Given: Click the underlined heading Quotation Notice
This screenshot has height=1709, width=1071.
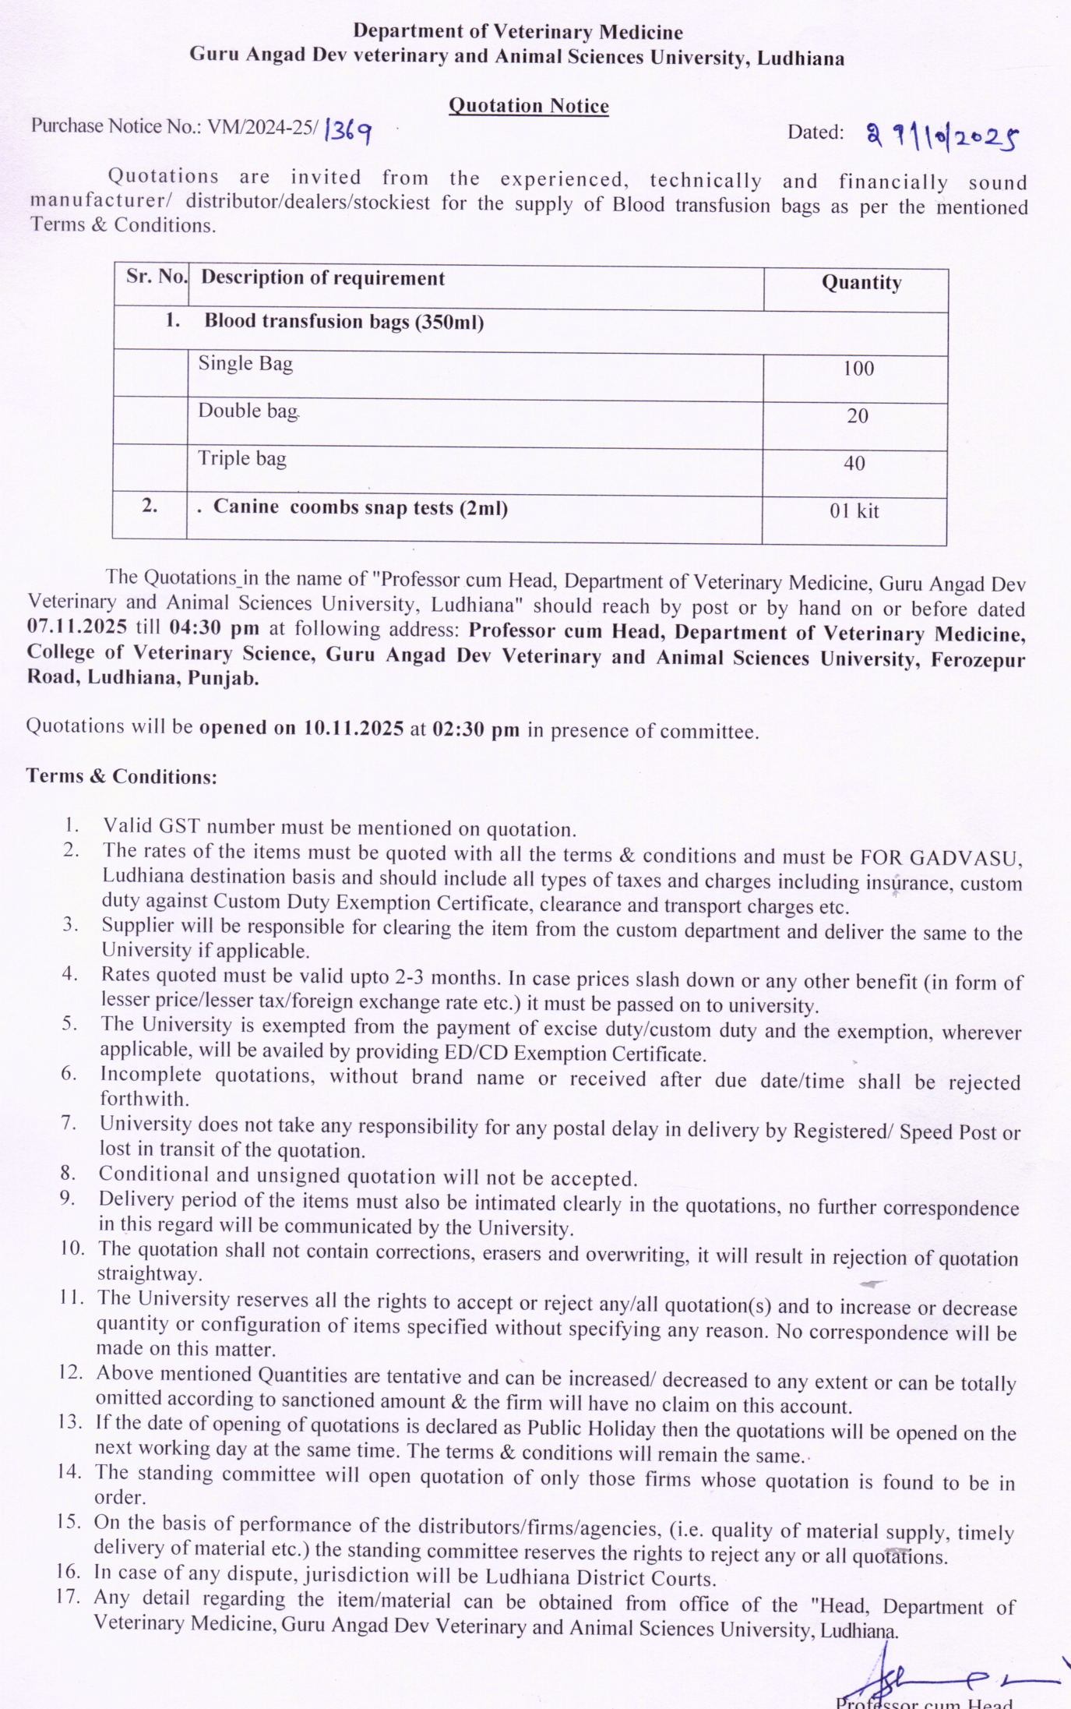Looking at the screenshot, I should [528, 106].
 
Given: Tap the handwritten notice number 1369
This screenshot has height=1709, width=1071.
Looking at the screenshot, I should [347, 131].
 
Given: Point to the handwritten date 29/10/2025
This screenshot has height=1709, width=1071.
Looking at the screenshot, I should [942, 137].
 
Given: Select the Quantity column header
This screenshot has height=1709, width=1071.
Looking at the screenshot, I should [861, 283].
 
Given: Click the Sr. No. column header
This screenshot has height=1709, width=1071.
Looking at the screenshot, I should [156, 277].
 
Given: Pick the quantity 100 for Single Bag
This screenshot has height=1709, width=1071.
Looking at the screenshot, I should [858, 369].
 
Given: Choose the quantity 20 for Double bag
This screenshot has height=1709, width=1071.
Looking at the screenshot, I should [857, 416].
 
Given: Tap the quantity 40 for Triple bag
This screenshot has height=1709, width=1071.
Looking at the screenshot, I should [854, 464].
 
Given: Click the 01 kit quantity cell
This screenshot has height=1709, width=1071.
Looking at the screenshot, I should [854, 511].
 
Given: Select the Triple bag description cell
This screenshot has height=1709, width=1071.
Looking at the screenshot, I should [242, 459].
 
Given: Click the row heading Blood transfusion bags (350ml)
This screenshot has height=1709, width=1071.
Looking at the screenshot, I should [343, 322].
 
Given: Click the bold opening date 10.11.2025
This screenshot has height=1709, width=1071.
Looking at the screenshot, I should [353, 729].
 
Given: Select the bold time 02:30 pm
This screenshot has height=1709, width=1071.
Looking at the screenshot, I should [475, 729].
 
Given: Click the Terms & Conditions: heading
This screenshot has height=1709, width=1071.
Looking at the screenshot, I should [122, 776].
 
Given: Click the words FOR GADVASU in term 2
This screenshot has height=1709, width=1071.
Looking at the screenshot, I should [939, 858].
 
